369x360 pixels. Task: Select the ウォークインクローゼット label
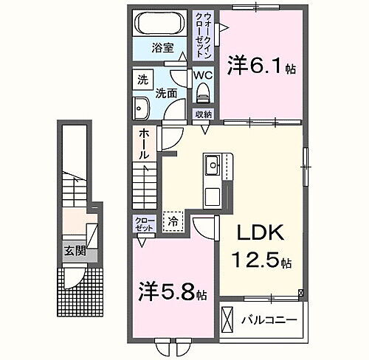[203, 33]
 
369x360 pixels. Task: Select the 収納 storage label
[204, 114]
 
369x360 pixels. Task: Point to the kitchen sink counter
[213, 166]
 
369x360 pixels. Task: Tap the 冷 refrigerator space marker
[173, 220]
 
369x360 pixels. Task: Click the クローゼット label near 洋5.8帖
[143, 224]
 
